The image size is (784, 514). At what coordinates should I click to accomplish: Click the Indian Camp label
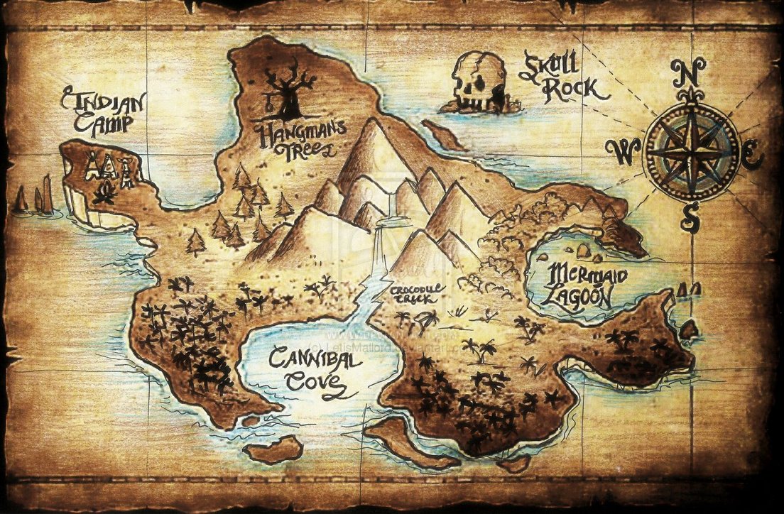(x=103, y=111)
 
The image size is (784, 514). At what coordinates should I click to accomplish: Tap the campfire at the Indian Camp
(x=107, y=192)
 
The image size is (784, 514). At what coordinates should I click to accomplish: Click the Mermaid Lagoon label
(x=579, y=284)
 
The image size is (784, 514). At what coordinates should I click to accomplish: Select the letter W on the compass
(x=623, y=151)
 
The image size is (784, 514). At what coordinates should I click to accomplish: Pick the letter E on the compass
(x=753, y=152)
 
